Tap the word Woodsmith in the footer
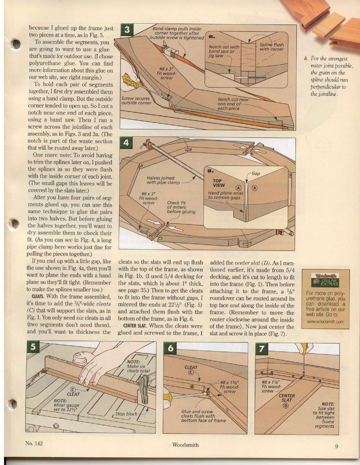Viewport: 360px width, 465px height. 185,445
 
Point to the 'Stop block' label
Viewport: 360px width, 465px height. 127,413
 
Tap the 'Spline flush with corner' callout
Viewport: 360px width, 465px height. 271,47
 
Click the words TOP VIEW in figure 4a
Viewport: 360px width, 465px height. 219,182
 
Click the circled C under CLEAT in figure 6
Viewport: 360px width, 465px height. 191,372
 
